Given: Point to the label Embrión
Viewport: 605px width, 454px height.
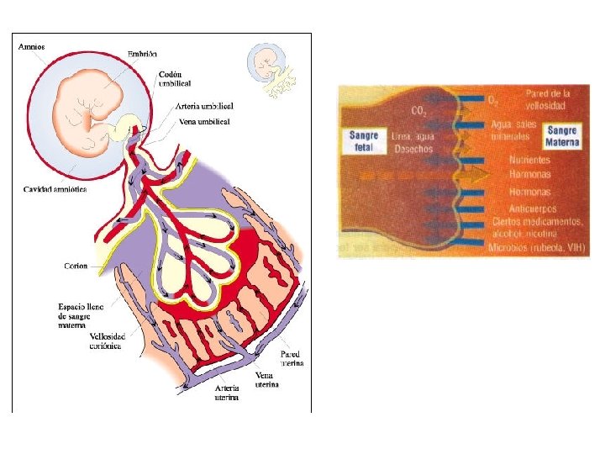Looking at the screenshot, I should [142, 54].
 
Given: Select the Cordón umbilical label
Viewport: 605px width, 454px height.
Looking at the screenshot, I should [175, 77].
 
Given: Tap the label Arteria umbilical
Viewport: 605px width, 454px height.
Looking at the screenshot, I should [205, 106].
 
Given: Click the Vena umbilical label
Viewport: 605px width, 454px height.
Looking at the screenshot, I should [205, 122].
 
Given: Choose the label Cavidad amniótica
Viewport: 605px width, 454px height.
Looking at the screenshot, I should [54, 189].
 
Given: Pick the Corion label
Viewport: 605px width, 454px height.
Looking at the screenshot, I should [76, 266].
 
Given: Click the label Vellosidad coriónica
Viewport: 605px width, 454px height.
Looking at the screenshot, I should [106, 340].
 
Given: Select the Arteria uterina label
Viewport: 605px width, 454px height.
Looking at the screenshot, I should [227, 393].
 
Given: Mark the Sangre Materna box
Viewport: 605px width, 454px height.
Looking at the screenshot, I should [562, 136].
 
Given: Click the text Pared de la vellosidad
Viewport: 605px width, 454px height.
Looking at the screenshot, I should [547, 99].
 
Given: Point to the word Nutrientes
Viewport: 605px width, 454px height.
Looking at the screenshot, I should [530, 160].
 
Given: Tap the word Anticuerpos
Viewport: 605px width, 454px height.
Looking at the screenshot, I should [534, 207].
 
